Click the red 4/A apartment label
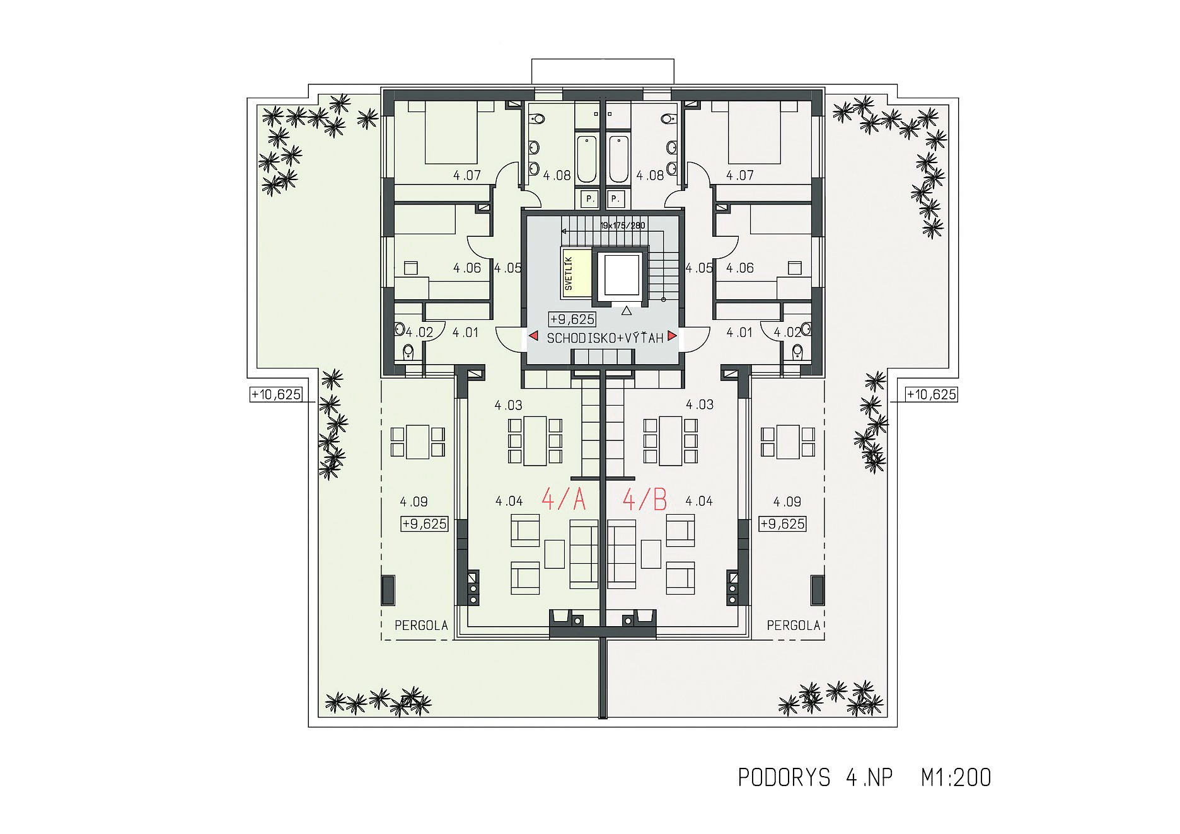point(564,500)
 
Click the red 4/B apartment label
point(645,500)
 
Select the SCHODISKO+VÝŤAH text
point(605,338)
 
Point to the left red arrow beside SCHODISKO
point(533,336)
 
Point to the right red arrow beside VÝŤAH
point(673,336)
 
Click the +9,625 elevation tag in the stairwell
point(572,319)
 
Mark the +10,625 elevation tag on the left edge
point(276,395)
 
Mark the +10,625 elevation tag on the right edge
point(932,395)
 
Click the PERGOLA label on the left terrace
point(421,625)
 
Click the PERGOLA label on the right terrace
point(794,625)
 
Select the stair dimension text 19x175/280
point(623,225)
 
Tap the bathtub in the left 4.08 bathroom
point(587,157)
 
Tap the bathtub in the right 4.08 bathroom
point(619,157)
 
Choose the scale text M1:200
point(956,778)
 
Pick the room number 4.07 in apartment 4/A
point(467,175)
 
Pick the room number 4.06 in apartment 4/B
point(740,268)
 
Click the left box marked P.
point(590,199)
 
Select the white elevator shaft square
point(622,275)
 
